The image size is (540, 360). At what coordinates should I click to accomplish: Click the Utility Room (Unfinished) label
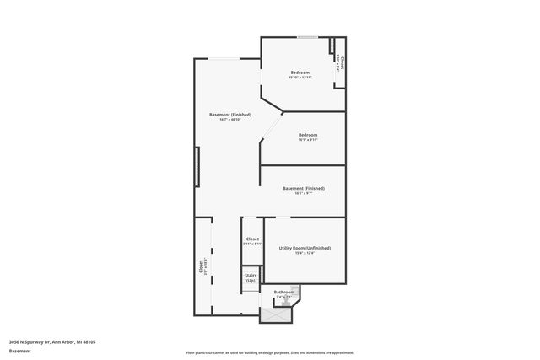tap(304, 248)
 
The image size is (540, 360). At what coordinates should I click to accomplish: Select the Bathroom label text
tap(283, 292)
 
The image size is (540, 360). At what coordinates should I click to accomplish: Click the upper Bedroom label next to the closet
tap(301, 73)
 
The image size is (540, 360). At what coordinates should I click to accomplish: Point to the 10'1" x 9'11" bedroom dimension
tap(307, 140)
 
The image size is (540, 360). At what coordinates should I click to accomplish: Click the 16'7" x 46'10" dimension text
tap(229, 120)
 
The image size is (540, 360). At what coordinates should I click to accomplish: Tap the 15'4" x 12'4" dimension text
tap(304, 254)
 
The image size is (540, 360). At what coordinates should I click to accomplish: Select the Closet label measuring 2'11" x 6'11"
tap(252, 239)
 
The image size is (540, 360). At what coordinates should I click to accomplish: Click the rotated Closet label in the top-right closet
tap(343, 63)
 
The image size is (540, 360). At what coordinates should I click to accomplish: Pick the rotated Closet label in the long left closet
tap(201, 266)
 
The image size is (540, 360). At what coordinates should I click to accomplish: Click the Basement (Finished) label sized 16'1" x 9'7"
tap(304, 188)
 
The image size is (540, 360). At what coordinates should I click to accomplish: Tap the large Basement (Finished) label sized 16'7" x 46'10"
tap(229, 114)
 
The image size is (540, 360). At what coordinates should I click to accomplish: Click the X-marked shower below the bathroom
tap(275, 315)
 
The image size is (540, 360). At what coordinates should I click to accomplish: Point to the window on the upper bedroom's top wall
tap(306, 37)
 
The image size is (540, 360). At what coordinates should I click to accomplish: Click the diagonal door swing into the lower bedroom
tap(272, 126)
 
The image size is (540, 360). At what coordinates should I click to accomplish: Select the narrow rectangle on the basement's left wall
tap(197, 168)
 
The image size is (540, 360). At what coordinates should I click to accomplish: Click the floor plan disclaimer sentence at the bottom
tap(270, 352)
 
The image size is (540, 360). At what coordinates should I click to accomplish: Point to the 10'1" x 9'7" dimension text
tap(304, 194)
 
